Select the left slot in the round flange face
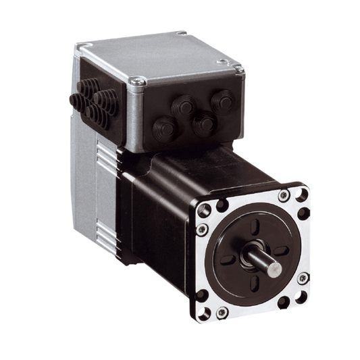(x=228, y=259)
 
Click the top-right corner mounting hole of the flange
(x=301, y=195)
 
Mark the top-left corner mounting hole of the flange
(x=222, y=205)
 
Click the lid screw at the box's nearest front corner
(x=138, y=82)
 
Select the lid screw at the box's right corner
(x=237, y=68)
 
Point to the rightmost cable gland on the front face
(x=222, y=102)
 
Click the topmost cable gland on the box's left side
(x=86, y=87)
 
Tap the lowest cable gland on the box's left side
(x=97, y=118)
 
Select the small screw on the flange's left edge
(x=201, y=230)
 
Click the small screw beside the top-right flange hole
(x=284, y=195)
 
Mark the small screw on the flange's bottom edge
(x=222, y=312)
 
